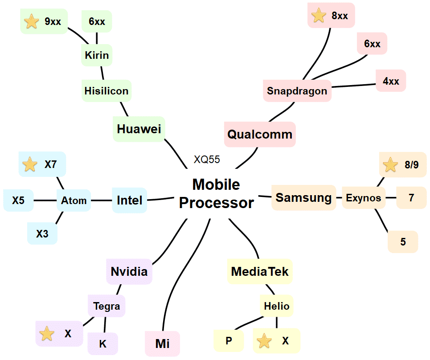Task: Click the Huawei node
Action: point(139,129)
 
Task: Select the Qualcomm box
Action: point(260,134)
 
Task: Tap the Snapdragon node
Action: point(297,91)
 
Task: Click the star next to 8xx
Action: point(319,16)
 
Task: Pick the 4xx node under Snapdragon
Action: point(391,81)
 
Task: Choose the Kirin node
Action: point(97,56)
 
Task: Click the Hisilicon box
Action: point(106,91)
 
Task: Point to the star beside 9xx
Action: point(31,21)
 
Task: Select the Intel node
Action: point(129,200)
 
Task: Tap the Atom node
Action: point(74,200)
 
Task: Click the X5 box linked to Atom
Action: point(18,200)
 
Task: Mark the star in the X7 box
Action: point(30,164)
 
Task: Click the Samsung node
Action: point(303,197)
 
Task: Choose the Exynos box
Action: point(364,198)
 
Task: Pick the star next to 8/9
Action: point(390,165)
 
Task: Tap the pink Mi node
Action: point(162,344)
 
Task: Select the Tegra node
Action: point(106,306)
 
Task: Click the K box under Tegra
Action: point(102,344)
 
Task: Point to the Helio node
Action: point(276,306)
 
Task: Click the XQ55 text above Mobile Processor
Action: point(207,160)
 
